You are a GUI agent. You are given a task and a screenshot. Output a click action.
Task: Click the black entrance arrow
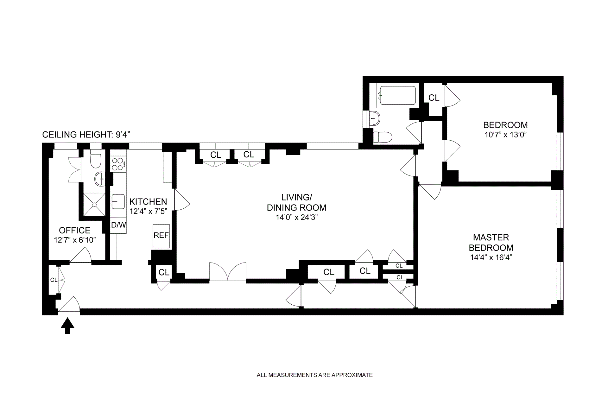point(67,326)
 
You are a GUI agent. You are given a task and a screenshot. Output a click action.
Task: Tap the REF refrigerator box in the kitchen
point(161,236)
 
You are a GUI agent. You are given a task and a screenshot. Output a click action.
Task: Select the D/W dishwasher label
point(118,225)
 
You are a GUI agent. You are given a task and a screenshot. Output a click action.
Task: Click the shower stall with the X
point(94,204)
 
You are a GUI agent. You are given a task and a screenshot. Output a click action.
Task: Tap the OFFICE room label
point(75,230)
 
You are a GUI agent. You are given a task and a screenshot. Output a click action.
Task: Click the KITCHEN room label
point(148,202)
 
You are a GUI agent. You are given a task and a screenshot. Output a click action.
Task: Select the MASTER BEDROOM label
point(491,243)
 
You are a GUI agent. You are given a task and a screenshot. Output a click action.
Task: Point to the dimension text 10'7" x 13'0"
point(505,135)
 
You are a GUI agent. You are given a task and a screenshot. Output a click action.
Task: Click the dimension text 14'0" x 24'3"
point(297,218)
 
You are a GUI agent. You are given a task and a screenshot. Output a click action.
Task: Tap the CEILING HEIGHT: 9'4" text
point(86,135)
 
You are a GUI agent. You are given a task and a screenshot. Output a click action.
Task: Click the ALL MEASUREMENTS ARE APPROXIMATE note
point(314,375)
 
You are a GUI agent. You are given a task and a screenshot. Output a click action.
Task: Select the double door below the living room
point(228,272)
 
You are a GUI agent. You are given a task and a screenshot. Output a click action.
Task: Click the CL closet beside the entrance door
point(54,280)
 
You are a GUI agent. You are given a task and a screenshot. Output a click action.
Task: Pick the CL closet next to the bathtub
point(434,98)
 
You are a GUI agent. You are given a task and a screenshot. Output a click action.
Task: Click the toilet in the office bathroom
point(95,159)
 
